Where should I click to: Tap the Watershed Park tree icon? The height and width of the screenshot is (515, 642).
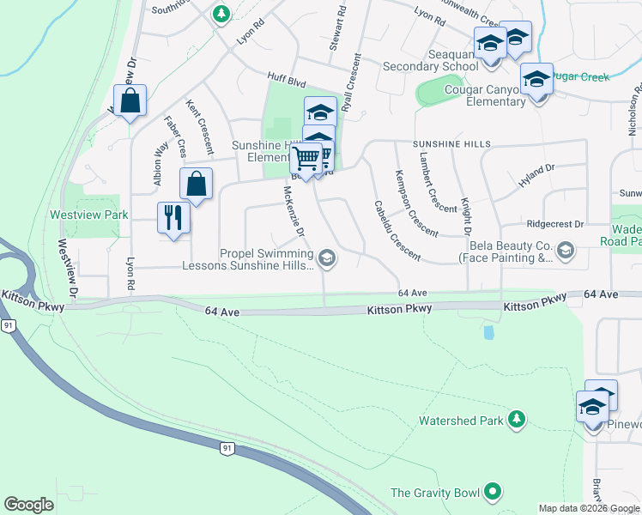click(516, 420)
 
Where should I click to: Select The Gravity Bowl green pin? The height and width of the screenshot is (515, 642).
click(492, 493)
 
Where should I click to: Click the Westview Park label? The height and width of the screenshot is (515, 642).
click(89, 214)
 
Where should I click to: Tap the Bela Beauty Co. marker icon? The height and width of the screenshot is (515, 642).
click(565, 250)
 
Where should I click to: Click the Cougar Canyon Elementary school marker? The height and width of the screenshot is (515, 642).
click(536, 81)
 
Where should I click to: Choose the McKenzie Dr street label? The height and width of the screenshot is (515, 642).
click(294, 213)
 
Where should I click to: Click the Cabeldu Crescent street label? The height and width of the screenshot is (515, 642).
click(397, 231)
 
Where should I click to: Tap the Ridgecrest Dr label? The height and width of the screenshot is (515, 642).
click(554, 223)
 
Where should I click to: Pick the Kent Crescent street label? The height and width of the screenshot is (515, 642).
click(199, 125)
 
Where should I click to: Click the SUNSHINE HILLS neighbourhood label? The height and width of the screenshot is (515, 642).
click(451, 143)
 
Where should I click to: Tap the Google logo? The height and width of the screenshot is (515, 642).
click(29, 505)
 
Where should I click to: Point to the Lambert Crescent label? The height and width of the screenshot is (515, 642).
click(438, 182)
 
